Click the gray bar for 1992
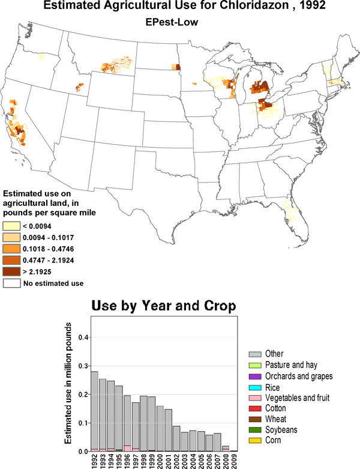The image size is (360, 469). (x=94, y=411)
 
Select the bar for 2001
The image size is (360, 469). (x=168, y=430)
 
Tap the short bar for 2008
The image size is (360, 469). (x=226, y=449)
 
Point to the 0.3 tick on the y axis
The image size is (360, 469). (x=83, y=366)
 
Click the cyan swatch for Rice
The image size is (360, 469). (x=255, y=388)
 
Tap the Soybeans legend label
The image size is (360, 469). (x=281, y=430)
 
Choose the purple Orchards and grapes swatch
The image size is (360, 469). (x=255, y=377)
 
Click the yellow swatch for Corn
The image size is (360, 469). (x=255, y=441)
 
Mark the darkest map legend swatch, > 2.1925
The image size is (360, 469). (x=11, y=271)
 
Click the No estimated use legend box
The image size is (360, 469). (x=11, y=283)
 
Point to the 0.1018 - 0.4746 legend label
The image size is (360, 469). (x=49, y=249)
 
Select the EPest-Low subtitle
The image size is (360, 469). (x=172, y=22)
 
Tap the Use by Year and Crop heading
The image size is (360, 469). (x=164, y=306)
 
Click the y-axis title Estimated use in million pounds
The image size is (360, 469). (x=68, y=383)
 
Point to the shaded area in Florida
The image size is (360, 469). (x=289, y=211)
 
